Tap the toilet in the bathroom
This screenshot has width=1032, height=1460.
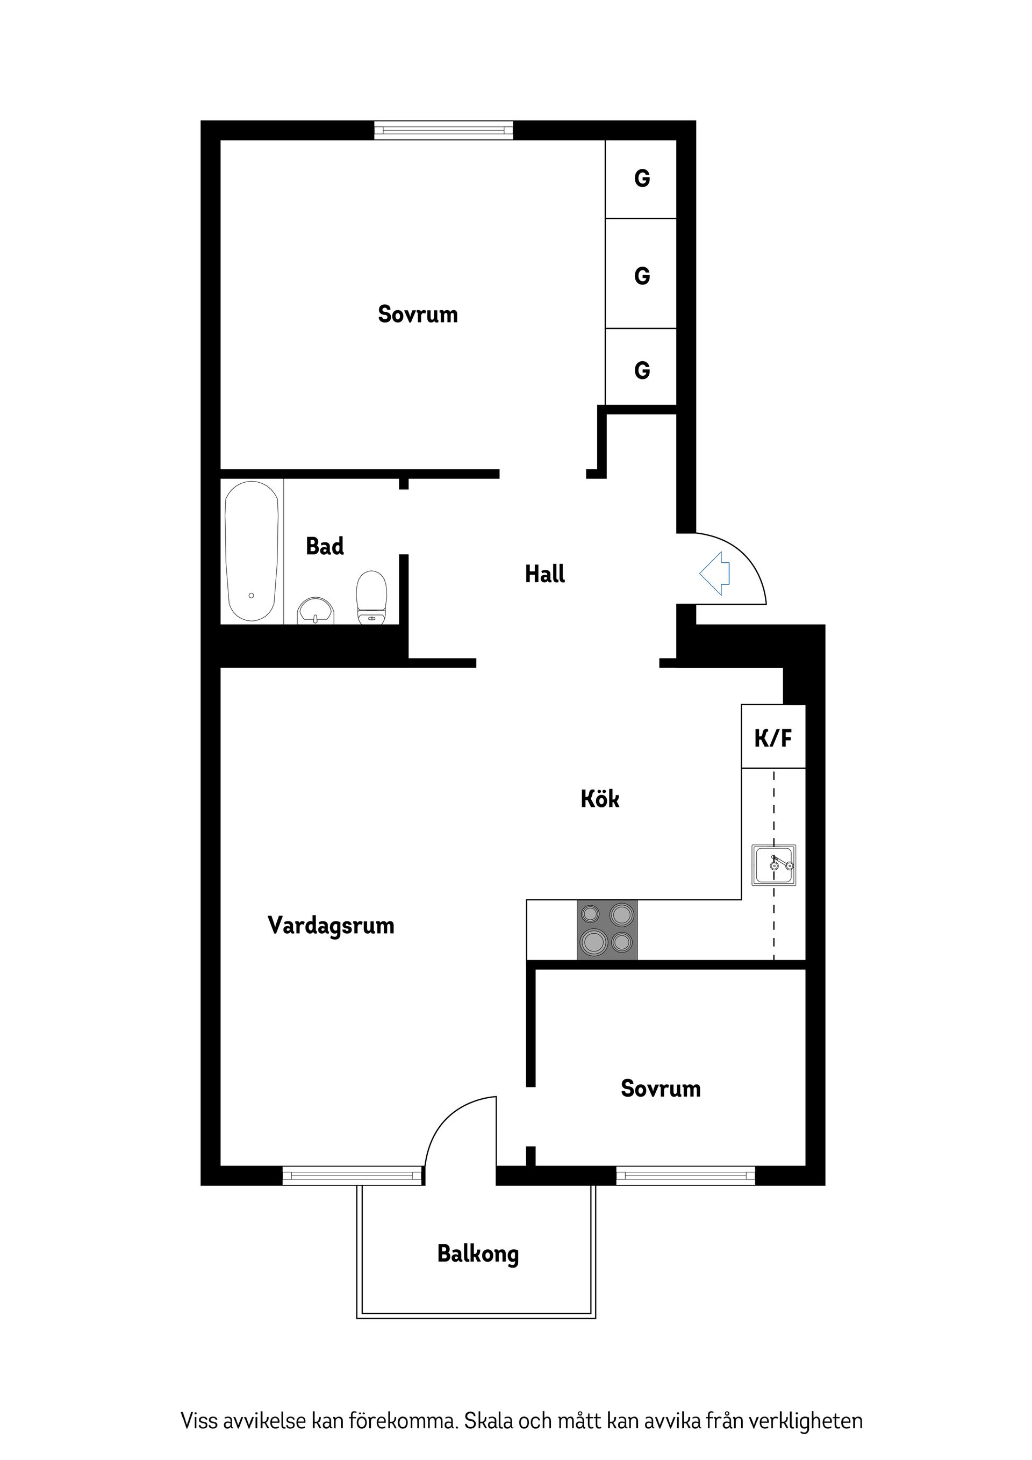click(372, 597)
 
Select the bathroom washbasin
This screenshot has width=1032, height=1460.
click(316, 611)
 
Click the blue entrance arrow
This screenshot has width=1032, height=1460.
click(715, 573)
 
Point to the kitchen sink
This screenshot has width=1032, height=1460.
click(774, 865)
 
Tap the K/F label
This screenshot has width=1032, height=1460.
click(773, 738)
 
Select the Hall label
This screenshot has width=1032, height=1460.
click(545, 574)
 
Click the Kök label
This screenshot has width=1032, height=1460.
click(600, 799)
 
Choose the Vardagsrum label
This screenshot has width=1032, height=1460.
click(331, 925)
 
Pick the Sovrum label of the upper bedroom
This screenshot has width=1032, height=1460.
click(418, 314)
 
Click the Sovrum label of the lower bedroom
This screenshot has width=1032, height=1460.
click(661, 1089)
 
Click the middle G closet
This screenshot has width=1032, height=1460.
click(642, 276)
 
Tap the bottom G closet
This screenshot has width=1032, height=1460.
click(642, 370)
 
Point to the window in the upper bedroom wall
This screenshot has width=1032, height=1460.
click(443, 130)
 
